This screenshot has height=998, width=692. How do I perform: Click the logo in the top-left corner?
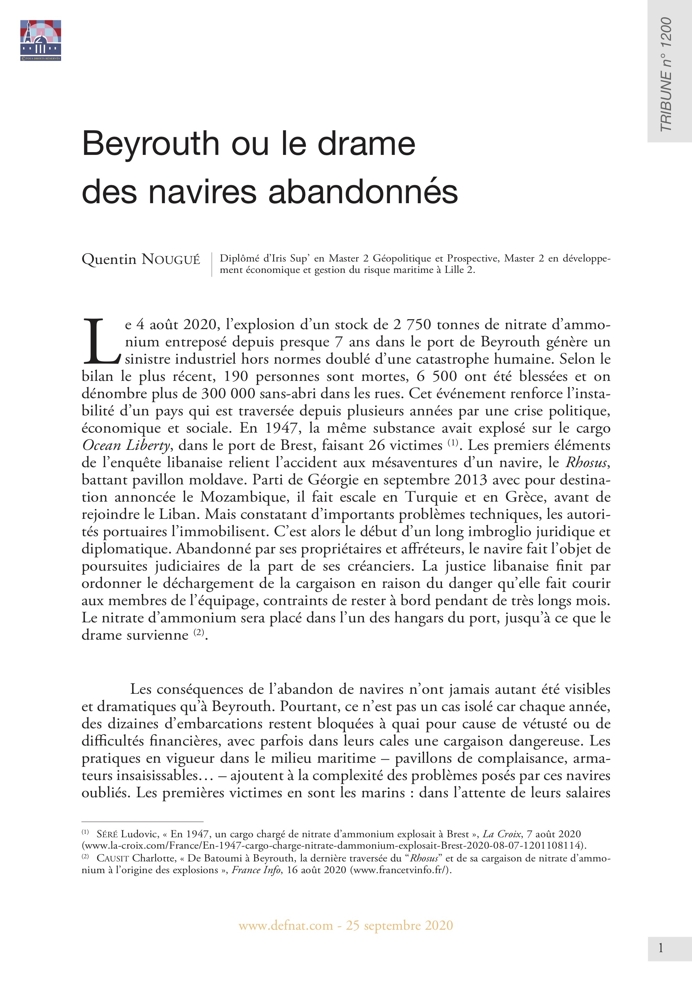point(40,40)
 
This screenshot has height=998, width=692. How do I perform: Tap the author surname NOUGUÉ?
point(171,260)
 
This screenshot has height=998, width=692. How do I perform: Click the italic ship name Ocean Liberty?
point(126,445)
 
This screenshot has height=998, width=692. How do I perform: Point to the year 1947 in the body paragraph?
point(283,428)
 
